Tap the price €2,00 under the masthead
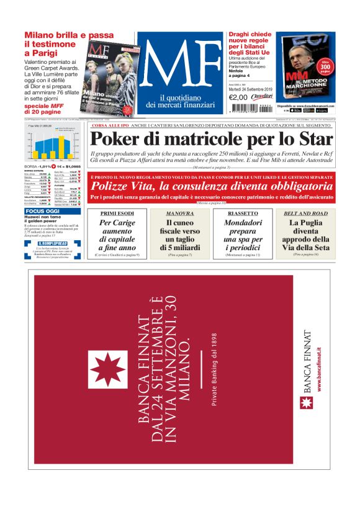(x=238, y=97)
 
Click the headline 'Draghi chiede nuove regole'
(x=249, y=47)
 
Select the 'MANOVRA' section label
(x=179, y=213)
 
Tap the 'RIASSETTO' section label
(x=241, y=213)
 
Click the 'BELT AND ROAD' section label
(x=305, y=213)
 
